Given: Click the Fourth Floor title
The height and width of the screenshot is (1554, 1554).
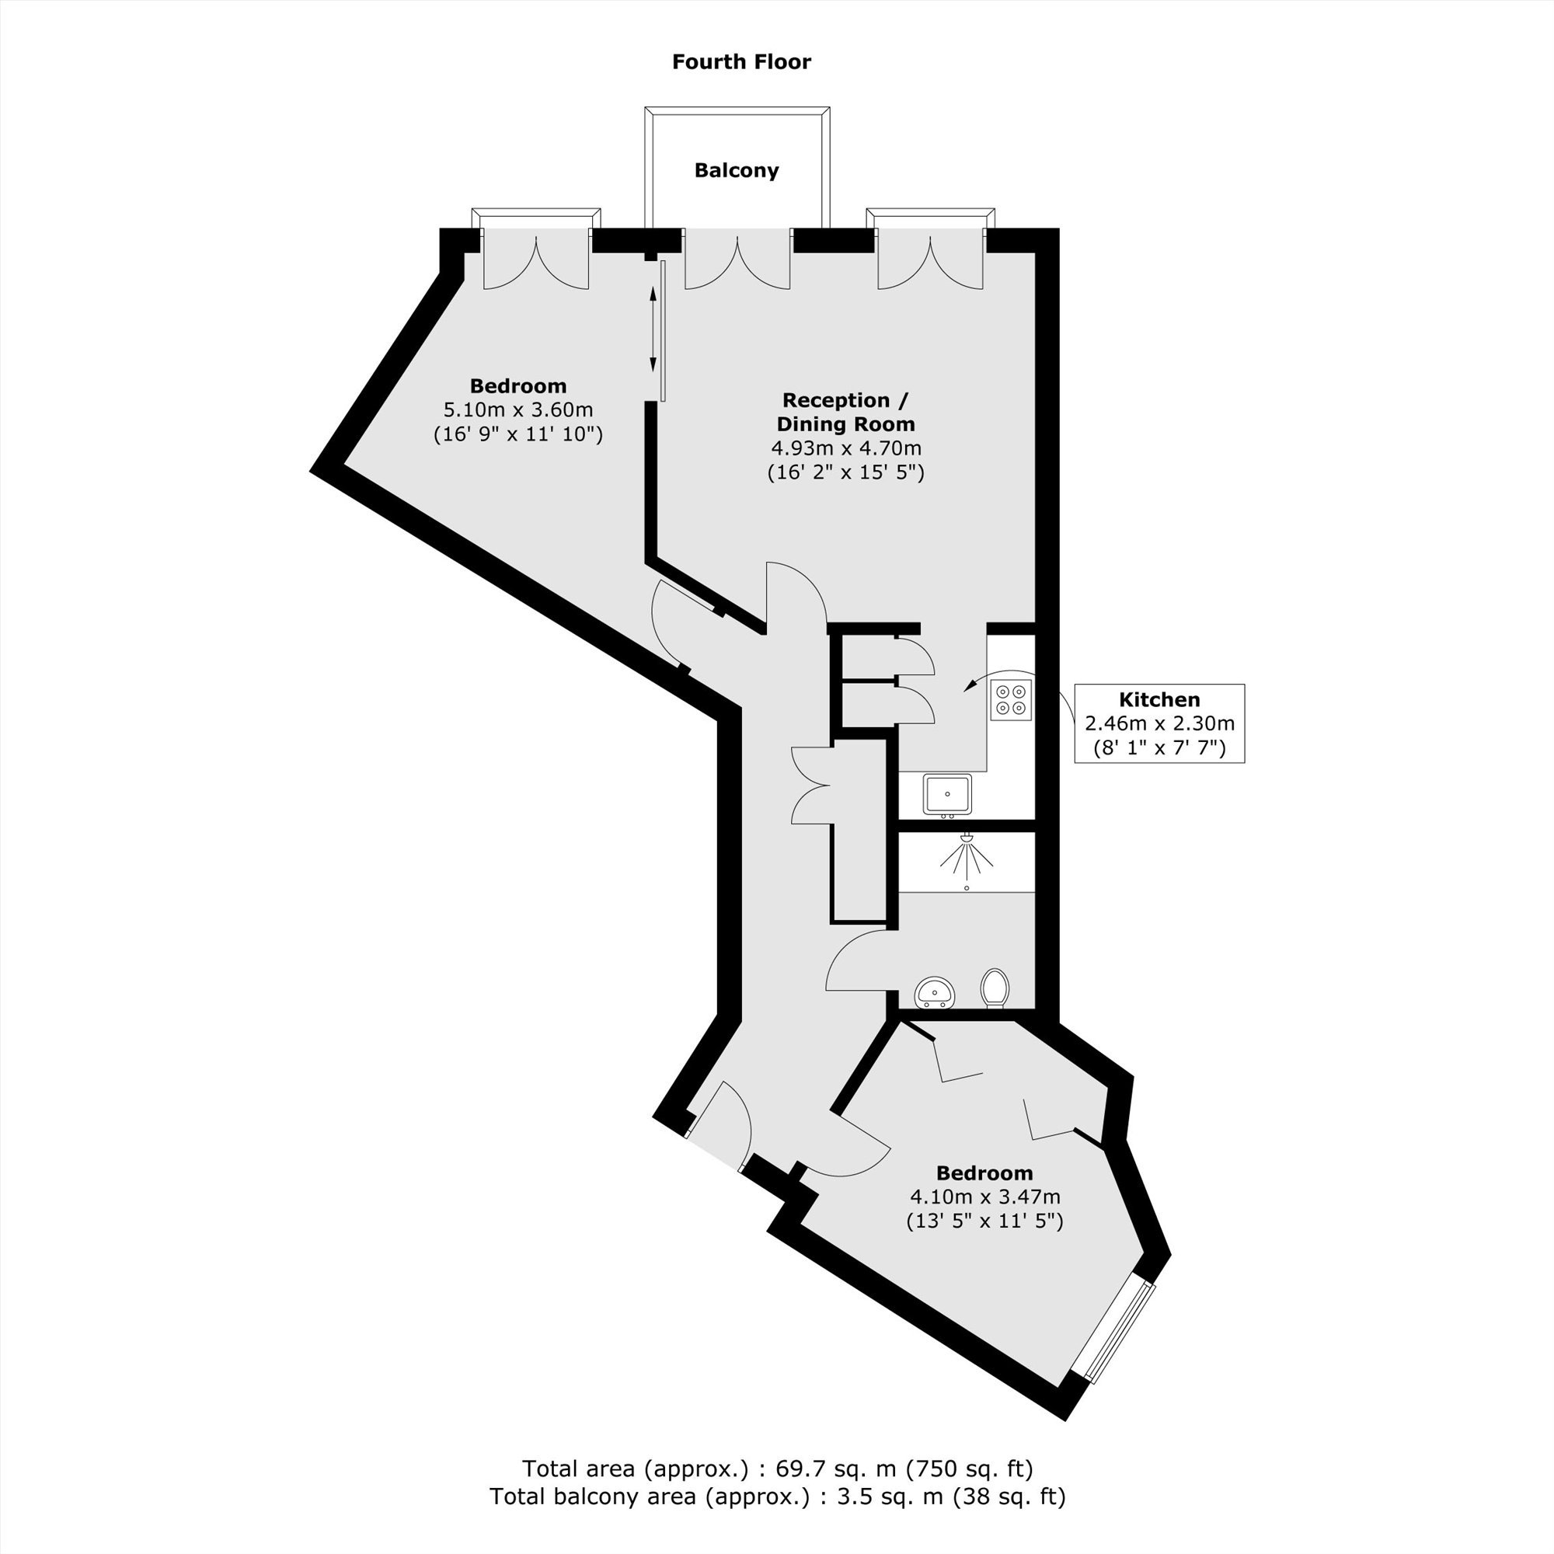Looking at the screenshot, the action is point(741,62).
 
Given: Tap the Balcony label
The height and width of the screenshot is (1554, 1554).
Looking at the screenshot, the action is point(737,170).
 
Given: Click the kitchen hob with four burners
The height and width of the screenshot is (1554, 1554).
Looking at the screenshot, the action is point(1011,699).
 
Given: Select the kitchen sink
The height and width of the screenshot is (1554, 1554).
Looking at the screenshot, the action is point(947,795).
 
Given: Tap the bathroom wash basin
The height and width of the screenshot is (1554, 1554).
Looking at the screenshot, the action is point(935,991).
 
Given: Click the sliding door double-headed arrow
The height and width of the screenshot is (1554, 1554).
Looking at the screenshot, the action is point(653,328).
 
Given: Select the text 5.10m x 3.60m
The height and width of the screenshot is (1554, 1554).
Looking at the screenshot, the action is point(519,410).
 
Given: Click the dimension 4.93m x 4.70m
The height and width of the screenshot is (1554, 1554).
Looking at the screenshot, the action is point(846,448).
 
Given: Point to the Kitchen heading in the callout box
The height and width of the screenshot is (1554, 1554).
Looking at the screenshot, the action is point(1160,699).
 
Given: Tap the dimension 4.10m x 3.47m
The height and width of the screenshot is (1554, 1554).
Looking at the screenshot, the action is point(984,1197).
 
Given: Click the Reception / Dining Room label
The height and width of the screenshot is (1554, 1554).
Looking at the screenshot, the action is point(846,412).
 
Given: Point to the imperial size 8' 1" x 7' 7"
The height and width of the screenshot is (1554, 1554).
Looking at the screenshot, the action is point(1160,748).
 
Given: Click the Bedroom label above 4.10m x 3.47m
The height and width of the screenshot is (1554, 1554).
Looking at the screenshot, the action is point(984,1172).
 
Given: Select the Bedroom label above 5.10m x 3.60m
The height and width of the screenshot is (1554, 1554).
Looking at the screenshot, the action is point(519,386).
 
